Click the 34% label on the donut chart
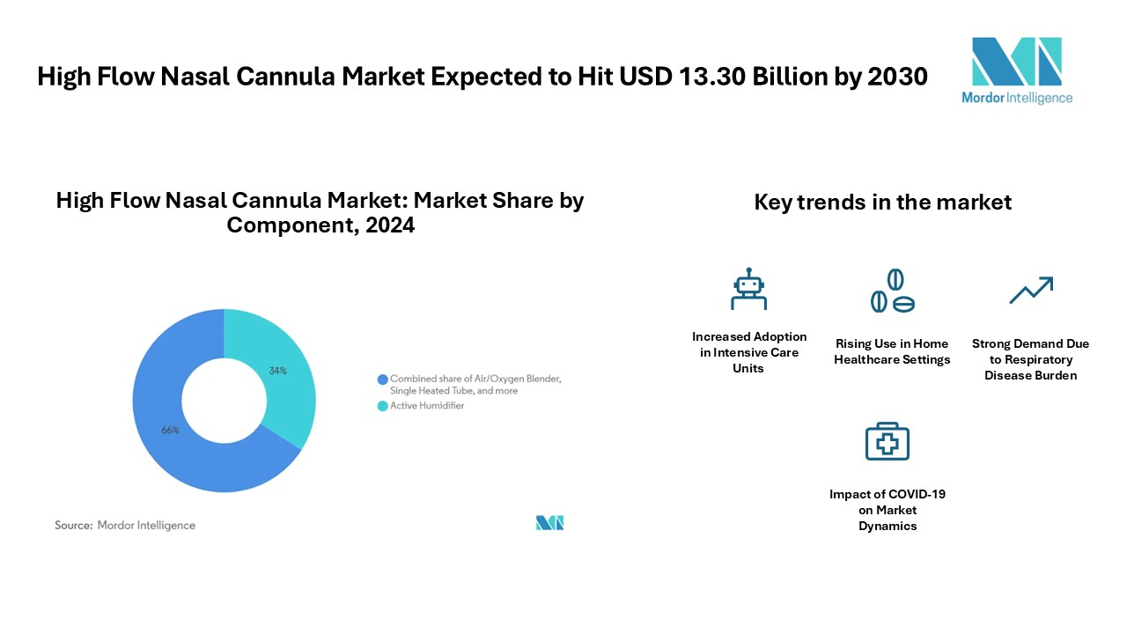(277, 371)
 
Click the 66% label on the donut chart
(170, 431)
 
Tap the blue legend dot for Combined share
(383, 380)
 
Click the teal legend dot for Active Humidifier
(383, 406)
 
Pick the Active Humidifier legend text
(427, 406)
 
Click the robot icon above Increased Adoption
(748, 289)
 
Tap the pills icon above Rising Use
(893, 291)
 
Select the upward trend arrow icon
(1031, 291)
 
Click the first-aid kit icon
(887, 441)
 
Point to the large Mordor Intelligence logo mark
(1017, 62)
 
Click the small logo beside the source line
(550, 523)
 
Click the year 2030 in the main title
(897, 77)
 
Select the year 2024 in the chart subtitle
(390, 225)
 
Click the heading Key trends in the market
(882, 203)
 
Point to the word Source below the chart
(73, 526)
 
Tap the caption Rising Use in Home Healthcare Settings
(892, 351)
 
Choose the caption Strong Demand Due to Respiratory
(1030, 351)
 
